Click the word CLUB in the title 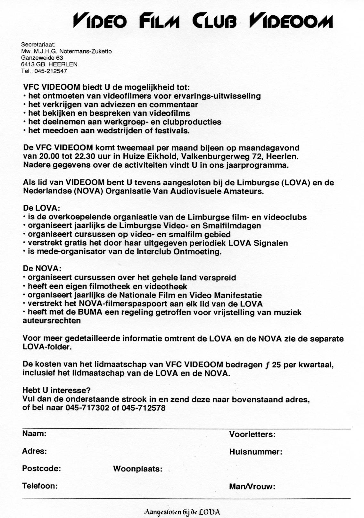pos(214,21)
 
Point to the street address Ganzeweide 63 pos(42,58)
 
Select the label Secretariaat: pos(38,45)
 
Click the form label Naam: pos(34,434)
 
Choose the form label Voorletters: pos(252,435)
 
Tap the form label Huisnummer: pos(255,452)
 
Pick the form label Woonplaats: pos(137,469)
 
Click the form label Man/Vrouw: pos(252,487)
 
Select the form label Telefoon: pos(40,486)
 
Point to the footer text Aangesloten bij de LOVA pos(182,512)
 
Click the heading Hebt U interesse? pos(56,391)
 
